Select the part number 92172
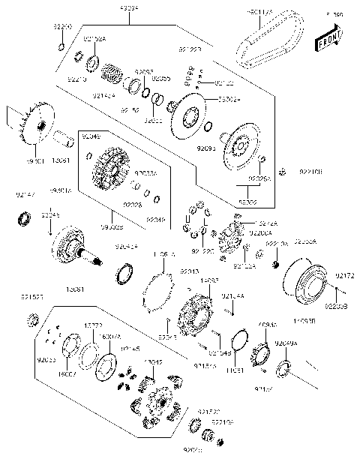pos(344,276)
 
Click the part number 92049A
pos(286,343)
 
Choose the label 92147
pos(25,195)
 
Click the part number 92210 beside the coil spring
pos(76,78)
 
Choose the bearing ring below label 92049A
pos(284,367)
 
